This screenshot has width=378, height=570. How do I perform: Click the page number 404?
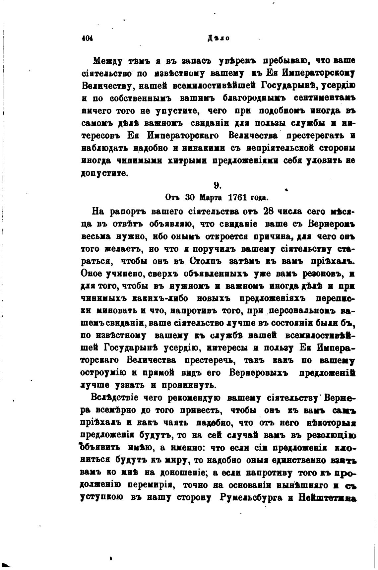tap(88, 38)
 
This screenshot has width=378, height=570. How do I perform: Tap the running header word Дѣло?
tap(219, 38)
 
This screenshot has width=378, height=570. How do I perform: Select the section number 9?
tap(218, 186)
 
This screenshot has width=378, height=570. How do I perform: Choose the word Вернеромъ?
tap(332, 224)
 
